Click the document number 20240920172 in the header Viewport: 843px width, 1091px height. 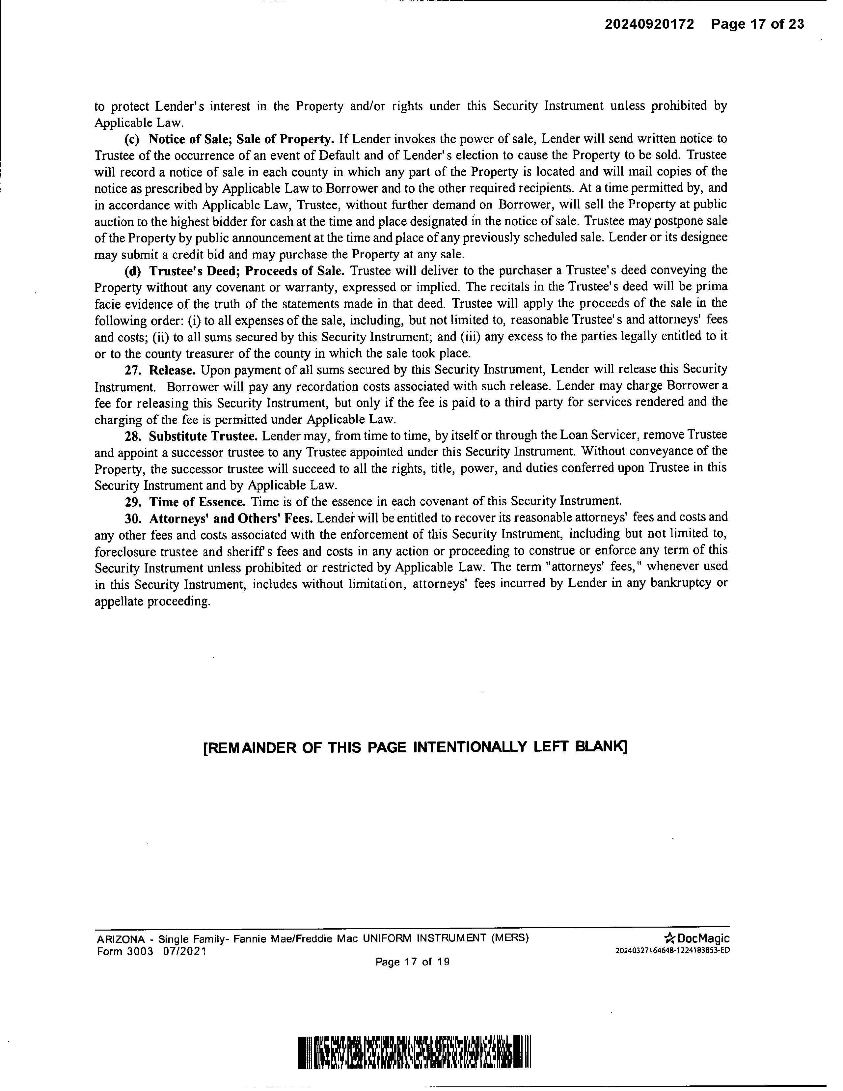tap(649, 24)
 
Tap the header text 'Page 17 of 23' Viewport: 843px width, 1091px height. tap(758, 24)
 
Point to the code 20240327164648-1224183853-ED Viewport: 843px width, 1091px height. tap(672, 950)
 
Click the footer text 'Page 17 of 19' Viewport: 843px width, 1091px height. tap(413, 962)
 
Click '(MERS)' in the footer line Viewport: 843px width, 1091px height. tap(509, 938)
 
